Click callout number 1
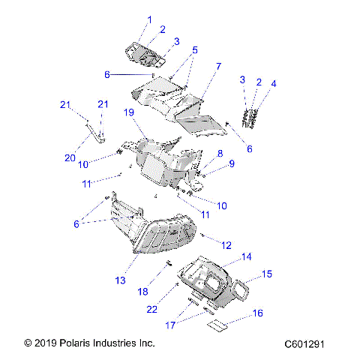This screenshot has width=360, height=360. point(148,19)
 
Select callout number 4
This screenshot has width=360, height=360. point(274,83)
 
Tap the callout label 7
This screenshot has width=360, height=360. point(218,67)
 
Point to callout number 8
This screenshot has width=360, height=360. point(219,153)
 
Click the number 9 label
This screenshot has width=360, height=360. point(232,163)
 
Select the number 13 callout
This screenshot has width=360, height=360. point(119,280)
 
